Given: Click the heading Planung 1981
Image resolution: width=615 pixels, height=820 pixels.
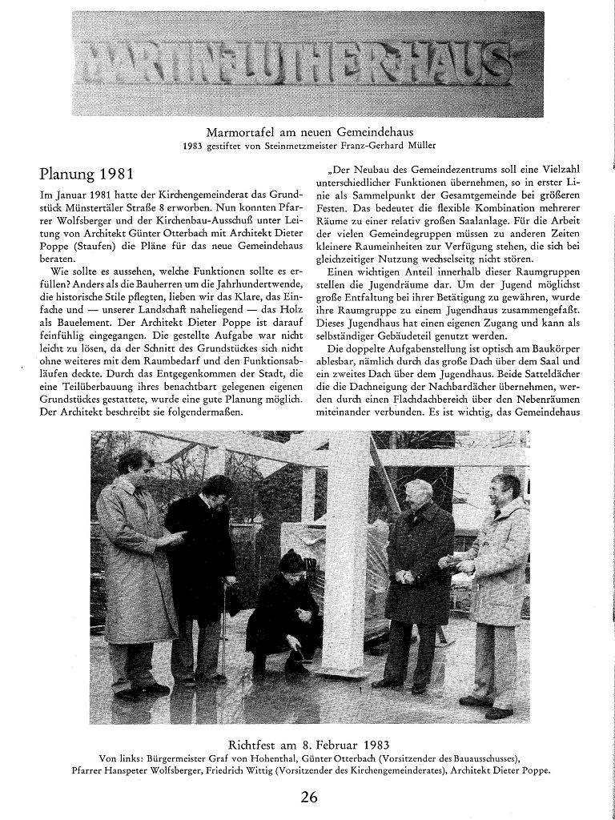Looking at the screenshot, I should [x=88, y=175].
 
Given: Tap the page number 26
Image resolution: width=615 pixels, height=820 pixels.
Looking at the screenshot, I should [x=309, y=797].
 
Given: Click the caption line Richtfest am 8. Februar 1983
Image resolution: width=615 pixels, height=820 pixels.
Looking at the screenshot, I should [x=309, y=742].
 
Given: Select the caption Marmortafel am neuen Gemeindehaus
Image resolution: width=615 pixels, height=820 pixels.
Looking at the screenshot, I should [x=308, y=131].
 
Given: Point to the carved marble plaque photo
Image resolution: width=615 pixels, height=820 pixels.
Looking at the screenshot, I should [x=307, y=63].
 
